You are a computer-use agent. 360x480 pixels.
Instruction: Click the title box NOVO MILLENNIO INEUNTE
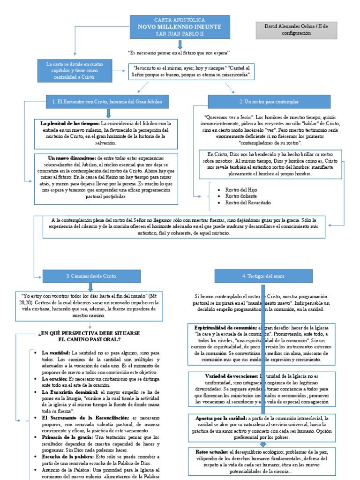(x=180, y=27)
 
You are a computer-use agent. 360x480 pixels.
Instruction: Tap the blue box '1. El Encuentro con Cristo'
(x=107, y=101)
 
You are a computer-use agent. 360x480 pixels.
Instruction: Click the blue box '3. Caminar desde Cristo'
(x=91, y=276)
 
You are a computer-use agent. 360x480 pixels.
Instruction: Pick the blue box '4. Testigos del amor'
(x=263, y=276)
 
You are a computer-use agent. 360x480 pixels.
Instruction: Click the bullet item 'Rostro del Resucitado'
(x=247, y=202)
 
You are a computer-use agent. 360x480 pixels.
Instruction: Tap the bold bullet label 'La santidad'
(x=56, y=352)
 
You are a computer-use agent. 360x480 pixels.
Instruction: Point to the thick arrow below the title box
(x=180, y=44)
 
